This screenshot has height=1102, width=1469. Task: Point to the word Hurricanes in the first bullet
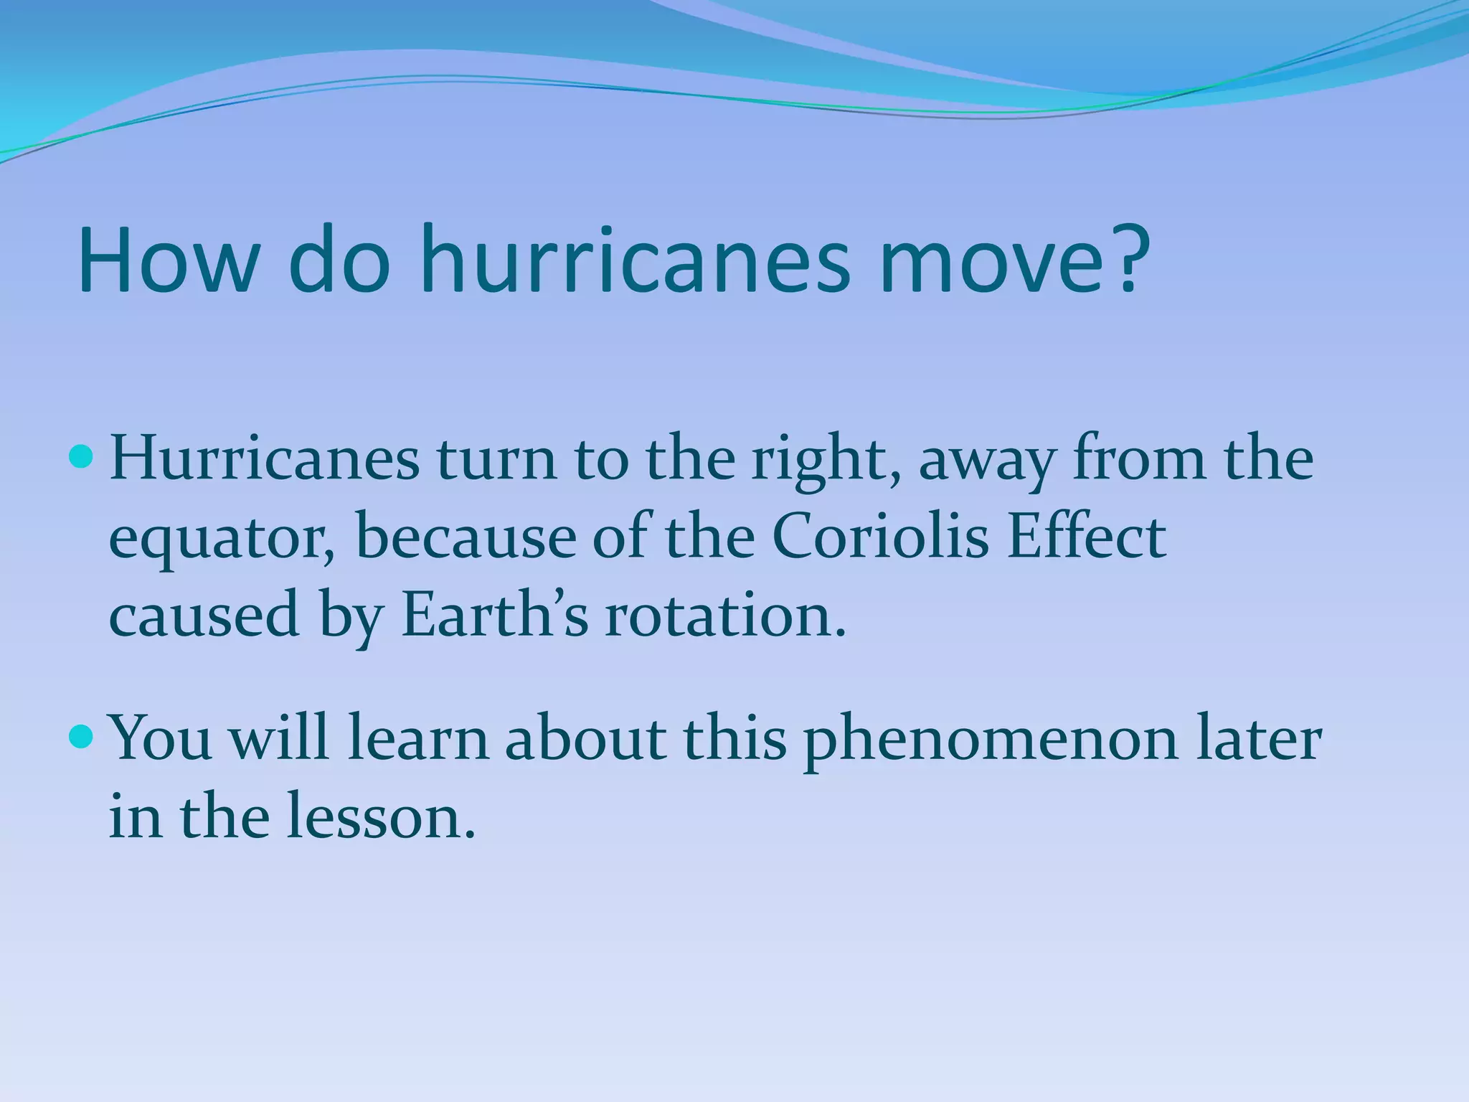(x=265, y=459)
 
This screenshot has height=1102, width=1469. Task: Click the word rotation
(x=724, y=617)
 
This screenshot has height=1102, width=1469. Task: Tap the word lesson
(x=380, y=818)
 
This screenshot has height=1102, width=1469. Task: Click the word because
(x=466, y=538)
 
